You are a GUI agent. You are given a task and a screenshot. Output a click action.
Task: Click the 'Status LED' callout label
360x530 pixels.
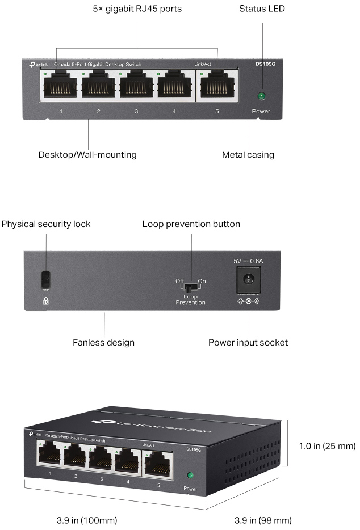262,9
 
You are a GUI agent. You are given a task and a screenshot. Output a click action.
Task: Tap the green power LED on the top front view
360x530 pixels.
262,96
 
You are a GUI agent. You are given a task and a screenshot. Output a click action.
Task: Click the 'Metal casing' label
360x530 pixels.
248,154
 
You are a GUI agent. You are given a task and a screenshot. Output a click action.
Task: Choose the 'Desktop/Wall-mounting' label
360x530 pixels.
87,154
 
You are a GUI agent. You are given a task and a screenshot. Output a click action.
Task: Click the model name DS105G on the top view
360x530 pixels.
264,65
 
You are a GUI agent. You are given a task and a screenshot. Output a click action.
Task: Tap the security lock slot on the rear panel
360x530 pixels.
46,279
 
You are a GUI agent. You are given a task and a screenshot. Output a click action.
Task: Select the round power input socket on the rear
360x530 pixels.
248,279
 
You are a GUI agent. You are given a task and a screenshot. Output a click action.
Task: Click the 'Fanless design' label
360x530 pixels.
103,342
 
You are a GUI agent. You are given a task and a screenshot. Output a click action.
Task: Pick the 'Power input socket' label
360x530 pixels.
248,342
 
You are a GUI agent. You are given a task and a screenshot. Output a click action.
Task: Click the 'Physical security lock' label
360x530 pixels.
46,224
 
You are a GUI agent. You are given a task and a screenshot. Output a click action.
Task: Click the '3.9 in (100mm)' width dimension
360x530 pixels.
87,520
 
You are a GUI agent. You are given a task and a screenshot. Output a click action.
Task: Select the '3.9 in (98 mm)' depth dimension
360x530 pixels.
263,520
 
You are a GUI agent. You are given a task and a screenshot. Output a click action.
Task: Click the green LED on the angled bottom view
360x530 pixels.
191,475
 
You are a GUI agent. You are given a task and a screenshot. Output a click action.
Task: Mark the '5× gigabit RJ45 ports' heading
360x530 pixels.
137,9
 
